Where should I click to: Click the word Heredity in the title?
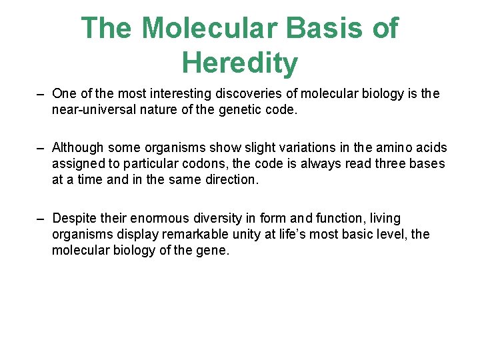[239, 63]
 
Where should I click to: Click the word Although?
[78, 147]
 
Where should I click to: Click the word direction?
[231, 179]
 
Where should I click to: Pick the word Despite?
[73, 218]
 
